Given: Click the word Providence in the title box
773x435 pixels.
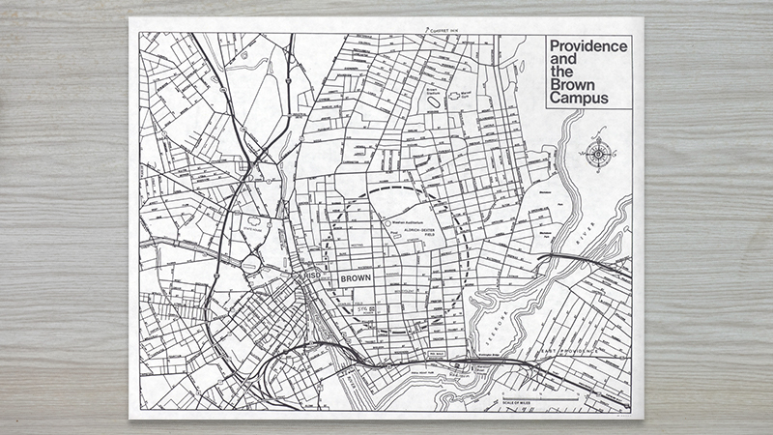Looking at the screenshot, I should pos(587,45).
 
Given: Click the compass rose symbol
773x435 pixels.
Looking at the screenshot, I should pos(599,153).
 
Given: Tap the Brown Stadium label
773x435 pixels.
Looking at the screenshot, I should pos(432,87).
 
